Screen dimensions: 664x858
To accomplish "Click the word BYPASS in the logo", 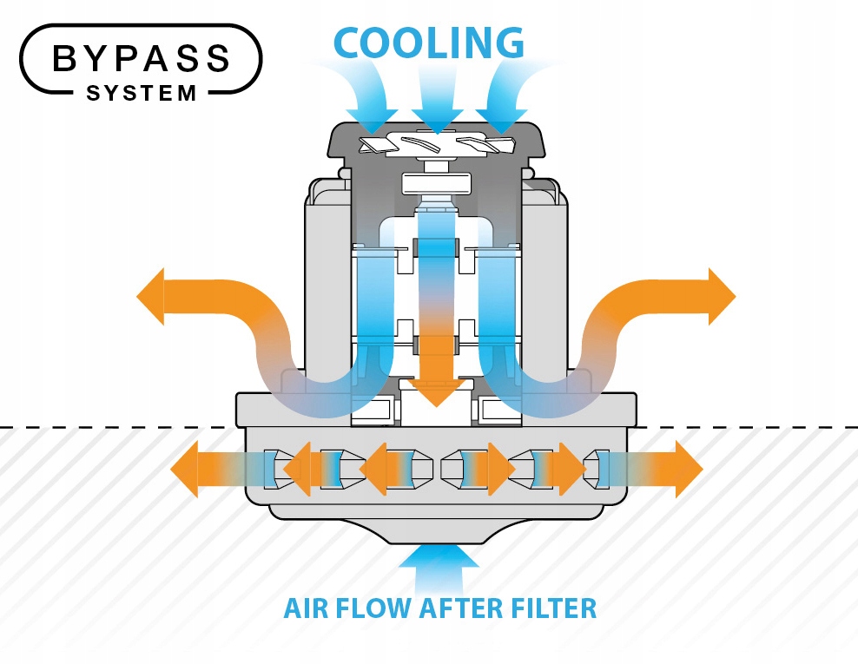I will click(x=142, y=58).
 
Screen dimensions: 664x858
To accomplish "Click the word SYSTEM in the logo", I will click(x=142, y=92).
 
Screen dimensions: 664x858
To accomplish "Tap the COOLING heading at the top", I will click(x=429, y=41).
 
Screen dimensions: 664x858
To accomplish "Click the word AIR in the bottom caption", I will click(x=307, y=608).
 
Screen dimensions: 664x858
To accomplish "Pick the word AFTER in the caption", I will click(x=456, y=608).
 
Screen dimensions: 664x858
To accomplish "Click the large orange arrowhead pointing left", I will click(x=153, y=296).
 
